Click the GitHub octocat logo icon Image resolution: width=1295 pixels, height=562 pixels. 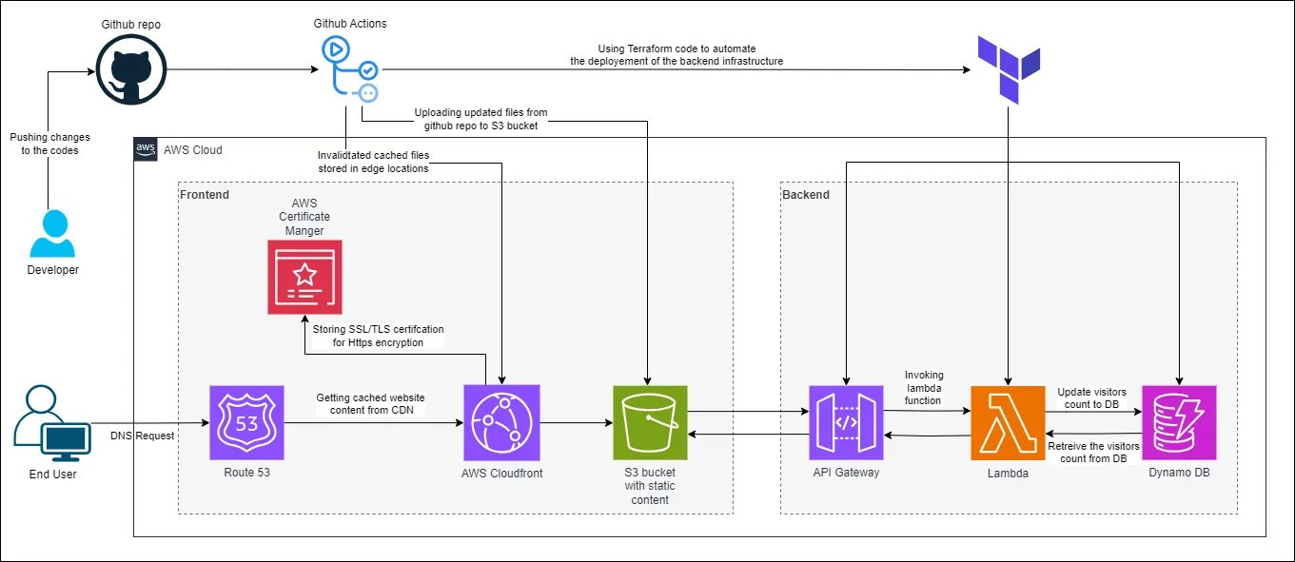pos(130,70)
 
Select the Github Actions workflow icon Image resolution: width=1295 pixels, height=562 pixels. pos(350,68)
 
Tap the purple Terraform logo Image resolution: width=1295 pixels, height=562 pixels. pos(1010,68)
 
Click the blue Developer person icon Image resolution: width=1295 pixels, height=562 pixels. pos(52,234)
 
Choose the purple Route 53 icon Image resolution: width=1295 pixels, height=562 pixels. pos(246,422)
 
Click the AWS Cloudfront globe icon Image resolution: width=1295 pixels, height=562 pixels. pos(501,422)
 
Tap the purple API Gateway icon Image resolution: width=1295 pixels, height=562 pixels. pos(846,422)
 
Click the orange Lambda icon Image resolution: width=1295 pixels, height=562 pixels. pos(1008,422)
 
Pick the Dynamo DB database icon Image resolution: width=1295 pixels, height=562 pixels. pos(1179,422)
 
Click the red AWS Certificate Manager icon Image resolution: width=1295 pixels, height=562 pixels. pos(304,277)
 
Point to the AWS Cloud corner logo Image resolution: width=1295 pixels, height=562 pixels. pos(146,149)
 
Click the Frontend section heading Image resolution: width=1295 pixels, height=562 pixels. pos(205,194)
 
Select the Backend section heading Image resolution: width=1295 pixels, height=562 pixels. pos(805,194)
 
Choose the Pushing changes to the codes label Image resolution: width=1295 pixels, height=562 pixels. pos(50,144)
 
